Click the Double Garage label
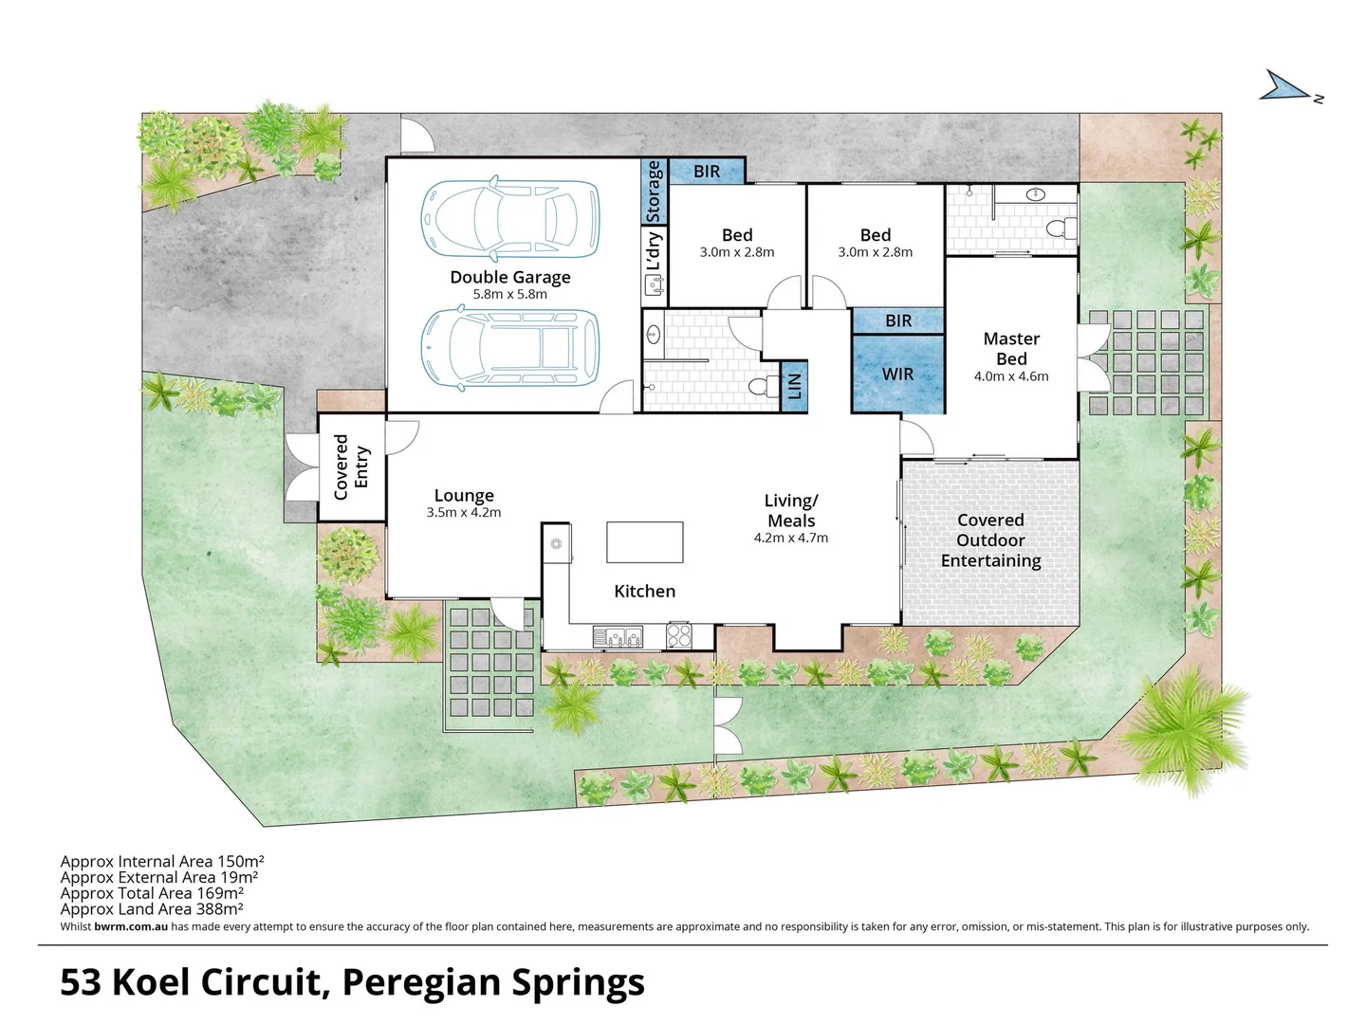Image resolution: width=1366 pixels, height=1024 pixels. coord(510,277)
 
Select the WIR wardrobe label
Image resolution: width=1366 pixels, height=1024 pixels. coord(897,374)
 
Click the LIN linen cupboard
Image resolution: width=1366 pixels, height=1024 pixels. coord(795,386)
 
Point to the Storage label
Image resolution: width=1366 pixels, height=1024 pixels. coord(654,192)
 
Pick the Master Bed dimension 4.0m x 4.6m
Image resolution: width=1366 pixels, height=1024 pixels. coord(1011,376)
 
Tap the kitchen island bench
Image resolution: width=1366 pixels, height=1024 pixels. coord(645,542)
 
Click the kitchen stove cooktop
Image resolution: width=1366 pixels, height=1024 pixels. coord(679,634)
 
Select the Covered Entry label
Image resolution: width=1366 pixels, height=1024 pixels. coord(351,466)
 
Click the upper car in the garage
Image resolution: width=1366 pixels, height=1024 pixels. coord(510,219)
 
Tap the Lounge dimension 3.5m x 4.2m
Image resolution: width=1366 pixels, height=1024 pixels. coord(464,513)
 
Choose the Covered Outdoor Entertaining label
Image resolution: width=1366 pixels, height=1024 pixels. coord(990,540)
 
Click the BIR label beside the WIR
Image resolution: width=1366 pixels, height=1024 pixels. coord(897,320)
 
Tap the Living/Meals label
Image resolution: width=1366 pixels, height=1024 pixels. coord(791,510)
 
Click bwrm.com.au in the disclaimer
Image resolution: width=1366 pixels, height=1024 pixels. coord(131,927)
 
